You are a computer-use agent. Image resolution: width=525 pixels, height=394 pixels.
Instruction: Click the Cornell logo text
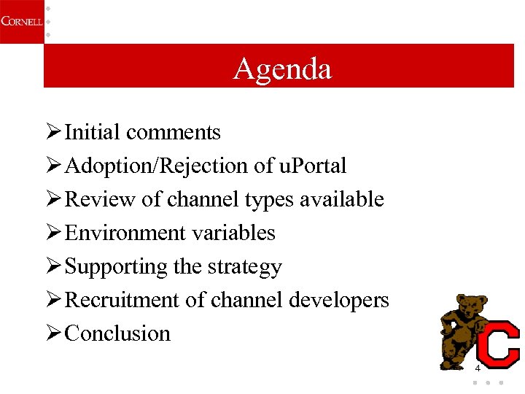(x=21, y=21)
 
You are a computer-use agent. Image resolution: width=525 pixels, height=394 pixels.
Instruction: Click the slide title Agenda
(x=282, y=69)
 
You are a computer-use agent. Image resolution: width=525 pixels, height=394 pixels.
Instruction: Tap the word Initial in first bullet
(x=93, y=132)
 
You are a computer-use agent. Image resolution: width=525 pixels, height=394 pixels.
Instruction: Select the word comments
(x=173, y=132)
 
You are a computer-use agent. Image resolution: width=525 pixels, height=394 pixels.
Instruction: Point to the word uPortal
(x=313, y=166)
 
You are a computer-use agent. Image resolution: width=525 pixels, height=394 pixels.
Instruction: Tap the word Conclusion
(x=117, y=333)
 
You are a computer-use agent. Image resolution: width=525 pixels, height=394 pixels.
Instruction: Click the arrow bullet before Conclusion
(x=52, y=333)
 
